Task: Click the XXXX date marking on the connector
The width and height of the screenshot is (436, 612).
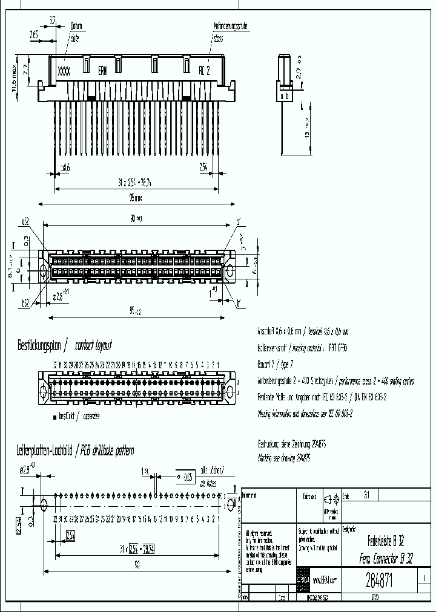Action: (x=64, y=71)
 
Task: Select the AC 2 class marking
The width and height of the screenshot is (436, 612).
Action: (x=204, y=71)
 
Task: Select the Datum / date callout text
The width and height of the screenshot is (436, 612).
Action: (x=76, y=31)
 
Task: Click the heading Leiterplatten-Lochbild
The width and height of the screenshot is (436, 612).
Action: (x=47, y=451)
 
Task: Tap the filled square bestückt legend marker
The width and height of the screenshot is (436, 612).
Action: (x=54, y=417)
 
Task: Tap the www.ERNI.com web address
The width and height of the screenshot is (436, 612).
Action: (x=325, y=580)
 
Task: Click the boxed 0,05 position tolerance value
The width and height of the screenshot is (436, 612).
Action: (x=188, y=477)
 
